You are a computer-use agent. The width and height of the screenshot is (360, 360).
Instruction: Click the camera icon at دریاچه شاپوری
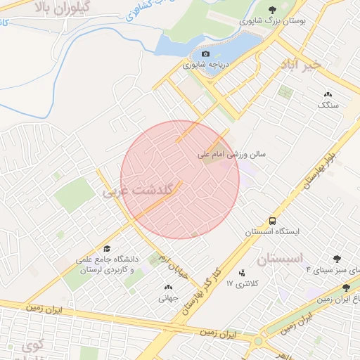tap(205, 53)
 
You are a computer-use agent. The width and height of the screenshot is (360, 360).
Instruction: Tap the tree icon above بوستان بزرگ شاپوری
tap(272, 10)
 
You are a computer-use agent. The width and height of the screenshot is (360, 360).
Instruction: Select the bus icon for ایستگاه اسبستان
tap(272, 220)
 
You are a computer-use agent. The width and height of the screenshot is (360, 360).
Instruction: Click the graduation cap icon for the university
tap(107, 248)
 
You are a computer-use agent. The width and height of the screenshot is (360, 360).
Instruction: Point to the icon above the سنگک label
tap(328, 94)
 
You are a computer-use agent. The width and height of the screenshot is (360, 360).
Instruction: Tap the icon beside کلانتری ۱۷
tap(243, 273)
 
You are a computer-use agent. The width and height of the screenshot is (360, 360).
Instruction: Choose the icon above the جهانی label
tap(167, 287)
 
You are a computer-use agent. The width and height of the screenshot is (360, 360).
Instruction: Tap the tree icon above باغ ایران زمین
tap(346, 288)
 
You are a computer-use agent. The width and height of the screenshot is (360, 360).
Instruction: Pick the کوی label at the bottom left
tap(32, 346)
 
